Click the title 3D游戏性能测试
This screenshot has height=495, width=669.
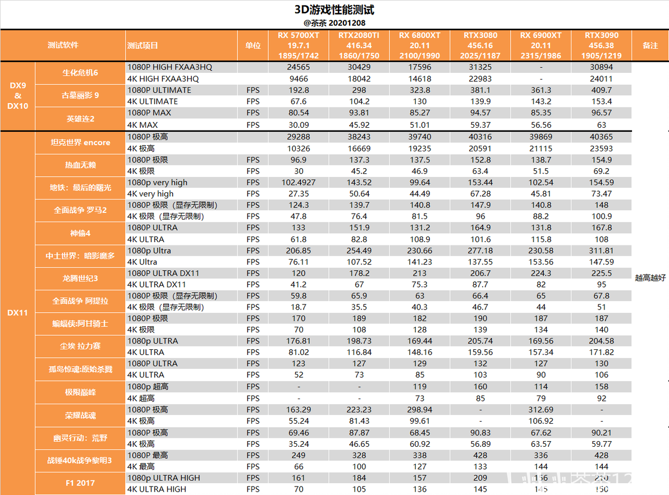[x=334, y=10]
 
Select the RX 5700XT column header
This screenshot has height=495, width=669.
[x=298, y=45]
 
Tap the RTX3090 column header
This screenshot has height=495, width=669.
[x=601, y=45]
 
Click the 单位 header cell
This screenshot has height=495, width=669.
[x=253, y=45]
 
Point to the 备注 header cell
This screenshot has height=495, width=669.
[x=650, y=45]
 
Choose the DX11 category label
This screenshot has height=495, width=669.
[x=17, y=313]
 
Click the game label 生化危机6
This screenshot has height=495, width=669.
[x=80, y=73]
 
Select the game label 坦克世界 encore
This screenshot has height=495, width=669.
[x=80, y=142]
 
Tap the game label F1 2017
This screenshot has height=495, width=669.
[x=80, y=483]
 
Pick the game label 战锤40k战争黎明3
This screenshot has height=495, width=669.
[x=80, y=460]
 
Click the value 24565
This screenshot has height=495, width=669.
[x=298, y=67]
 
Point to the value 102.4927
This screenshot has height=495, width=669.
[x=298, y=182]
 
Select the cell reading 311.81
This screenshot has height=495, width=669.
[x=601, y=251]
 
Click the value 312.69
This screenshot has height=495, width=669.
[x=540, y=409]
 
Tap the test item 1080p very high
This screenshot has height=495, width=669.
[x=158, y=182]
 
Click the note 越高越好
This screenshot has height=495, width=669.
[x=650, y=277]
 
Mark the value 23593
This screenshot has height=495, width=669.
[x=601, y=149]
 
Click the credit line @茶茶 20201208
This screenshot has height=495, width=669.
[x=334, y=23]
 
